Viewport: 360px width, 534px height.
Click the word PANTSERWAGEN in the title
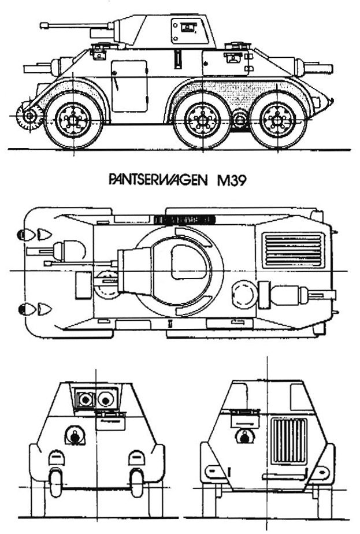(158, 180)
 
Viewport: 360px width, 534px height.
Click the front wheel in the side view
(73, 120)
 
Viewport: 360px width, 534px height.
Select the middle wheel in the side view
(202, 120)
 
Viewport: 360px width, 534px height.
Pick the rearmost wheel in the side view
(277, 120)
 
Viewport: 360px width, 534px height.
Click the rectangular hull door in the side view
(129, 86)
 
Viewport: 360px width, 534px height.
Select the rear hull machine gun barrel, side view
(318, 68)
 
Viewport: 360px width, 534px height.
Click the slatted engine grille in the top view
(294, 250)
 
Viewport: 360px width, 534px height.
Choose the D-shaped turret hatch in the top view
(190, 262)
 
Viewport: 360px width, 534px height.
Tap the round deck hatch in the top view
(244, 294)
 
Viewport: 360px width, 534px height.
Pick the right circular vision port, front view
(106, 399)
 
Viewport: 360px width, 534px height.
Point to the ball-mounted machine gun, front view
(75, 435)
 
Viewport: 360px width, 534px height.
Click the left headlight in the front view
(57, 458)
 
